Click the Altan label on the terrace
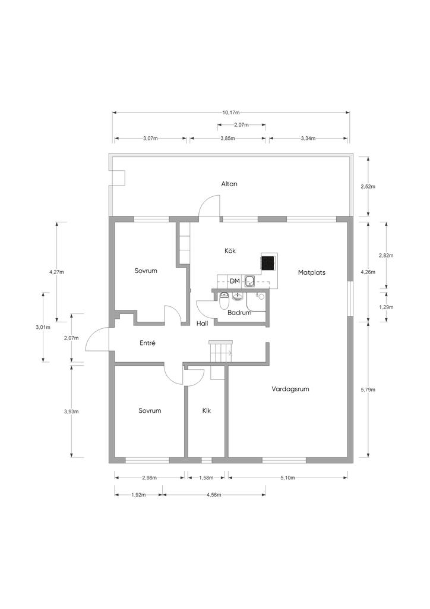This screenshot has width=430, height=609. point(229,184)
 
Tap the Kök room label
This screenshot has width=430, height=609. point(230,250)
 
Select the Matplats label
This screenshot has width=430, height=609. point(311,272)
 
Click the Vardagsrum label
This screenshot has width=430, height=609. point(290,389)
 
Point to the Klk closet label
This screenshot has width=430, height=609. point(206,410)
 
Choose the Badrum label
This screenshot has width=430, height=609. point(239,312)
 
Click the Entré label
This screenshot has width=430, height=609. point(147,343)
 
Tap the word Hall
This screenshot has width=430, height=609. point(202,323)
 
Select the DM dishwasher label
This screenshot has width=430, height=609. point(235,281)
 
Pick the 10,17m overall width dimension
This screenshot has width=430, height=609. point(230,112)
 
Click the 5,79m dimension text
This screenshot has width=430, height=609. point(368,390)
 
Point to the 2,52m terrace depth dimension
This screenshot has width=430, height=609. point(368,186)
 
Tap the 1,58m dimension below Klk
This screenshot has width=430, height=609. point(206,478)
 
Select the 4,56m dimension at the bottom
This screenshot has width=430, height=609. point(214,495)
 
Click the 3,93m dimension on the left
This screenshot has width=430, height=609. point(71,412)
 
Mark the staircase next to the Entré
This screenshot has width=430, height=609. point(221,352)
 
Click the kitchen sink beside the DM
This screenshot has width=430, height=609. point(249,281)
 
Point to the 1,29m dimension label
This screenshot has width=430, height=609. point(386,307)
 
